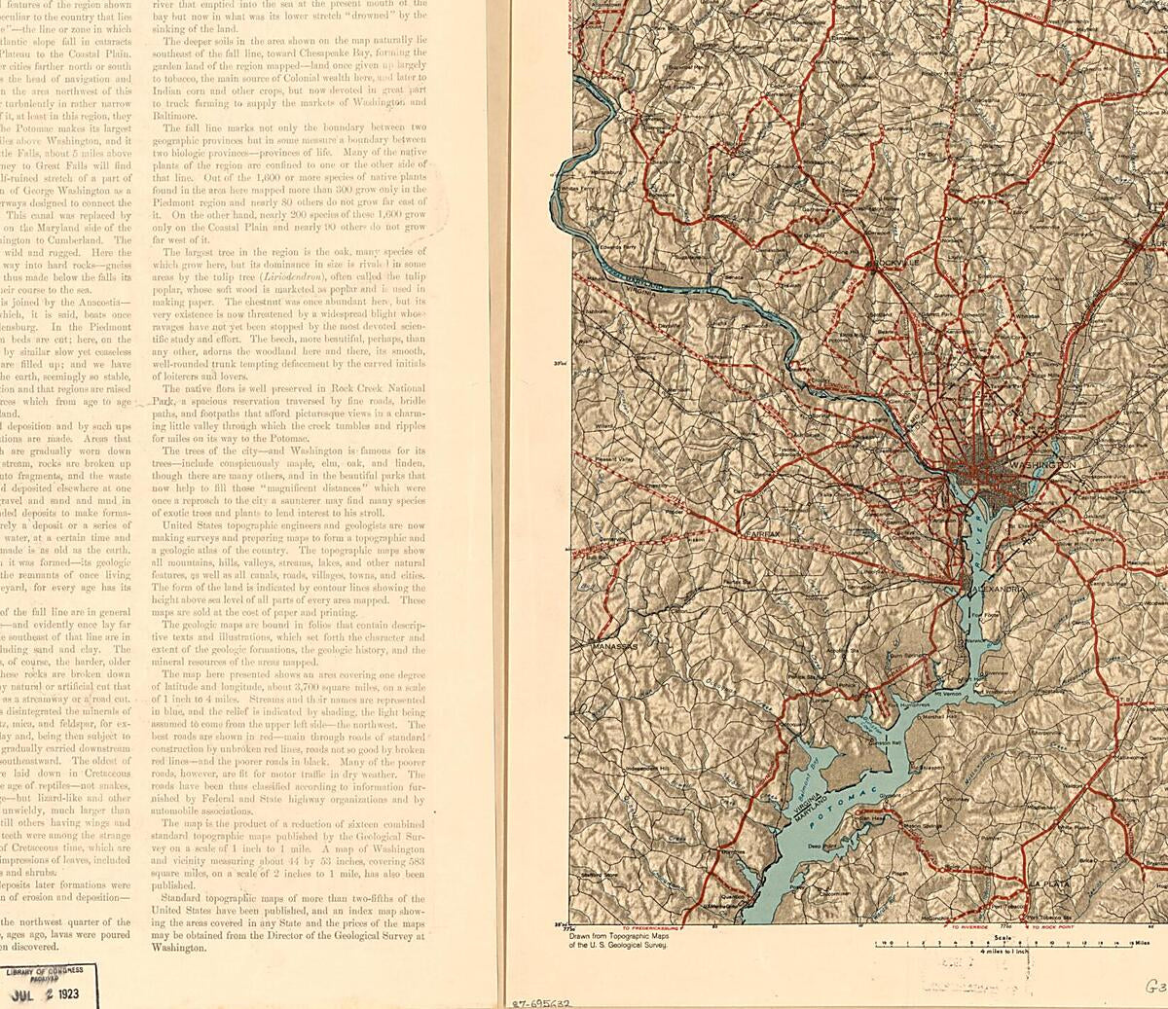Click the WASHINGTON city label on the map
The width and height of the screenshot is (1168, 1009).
point(1044,466)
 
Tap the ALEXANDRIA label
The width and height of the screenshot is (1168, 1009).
point(995,590)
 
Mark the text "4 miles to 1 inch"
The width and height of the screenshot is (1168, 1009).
point(1012,953)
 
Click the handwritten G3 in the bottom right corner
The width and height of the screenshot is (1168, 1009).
point(1155,985)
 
